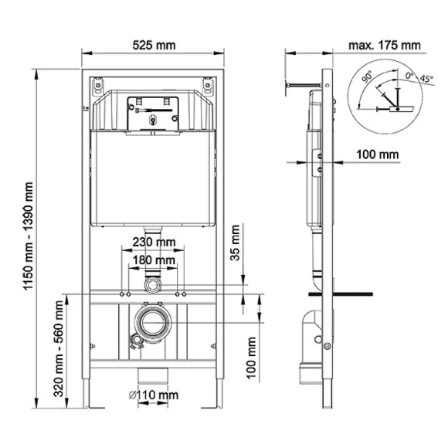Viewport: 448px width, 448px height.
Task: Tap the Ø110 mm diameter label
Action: [x=154, y=395]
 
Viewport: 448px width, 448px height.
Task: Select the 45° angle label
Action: [x=425, y=79]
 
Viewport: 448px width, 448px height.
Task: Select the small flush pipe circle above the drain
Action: [x=154, y=285]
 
